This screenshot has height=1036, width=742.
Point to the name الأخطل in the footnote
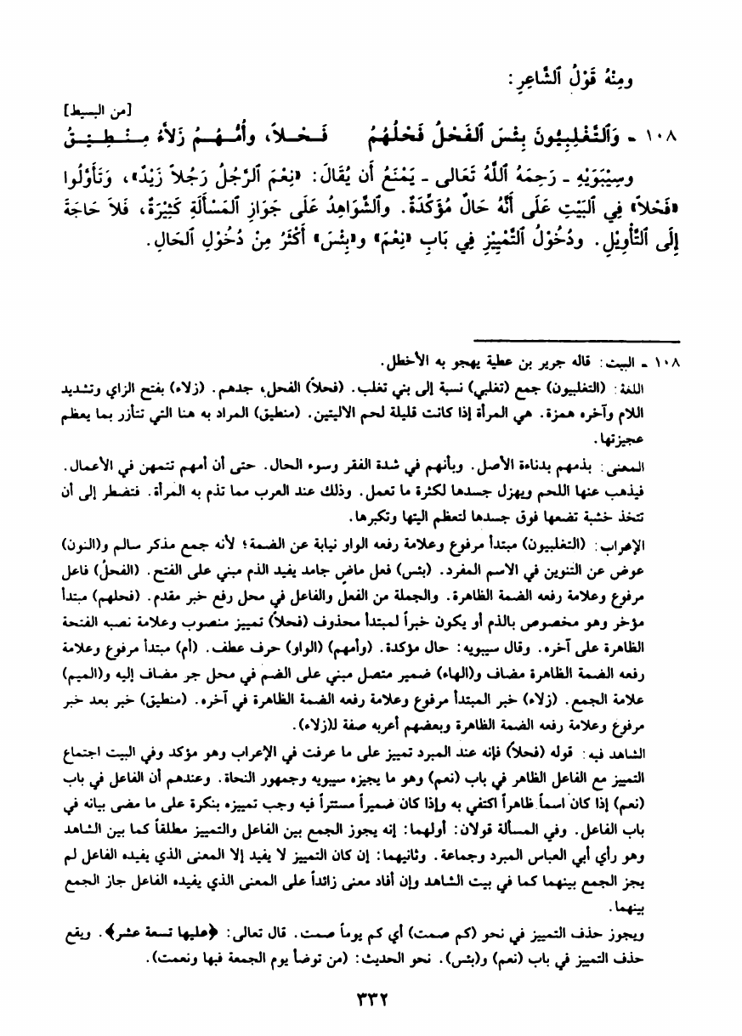[403, 357]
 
